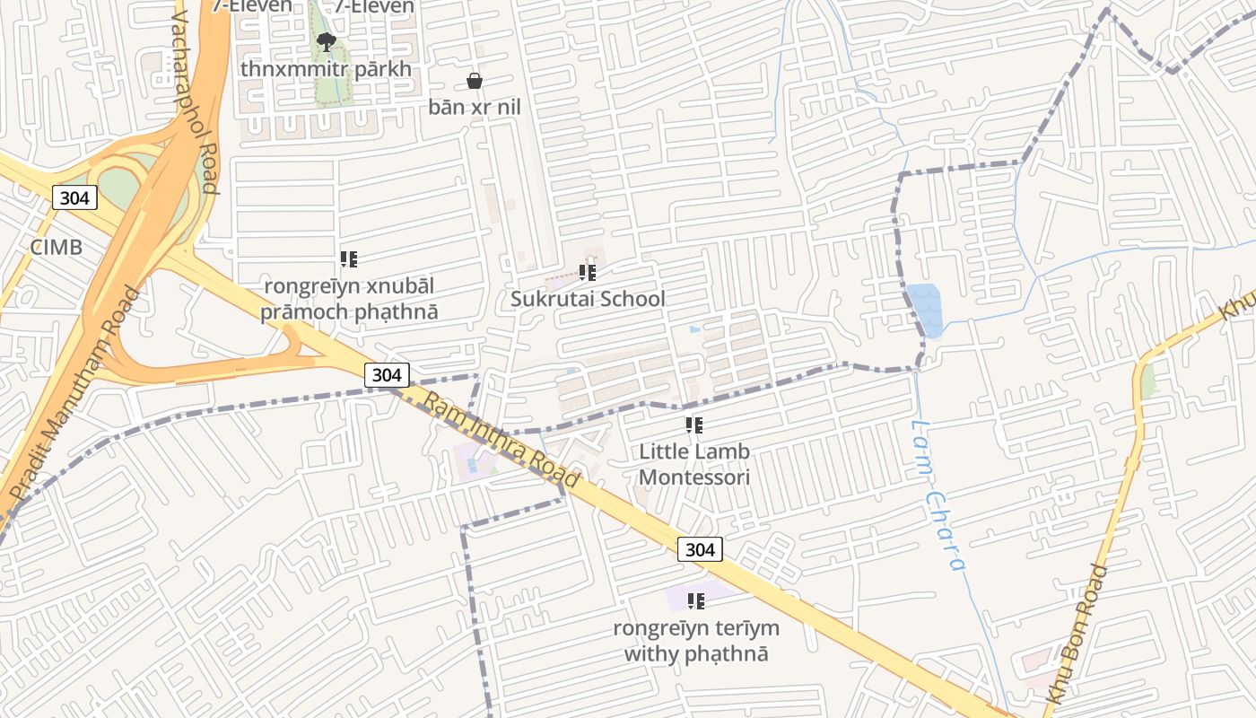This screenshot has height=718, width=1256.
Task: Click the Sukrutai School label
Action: pyautogui.click(x=588, y=299)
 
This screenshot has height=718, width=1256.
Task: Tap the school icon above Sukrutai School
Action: pyautogui.click(x=588, y=272)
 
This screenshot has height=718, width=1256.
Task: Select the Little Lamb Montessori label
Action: pyautogui.click(x=694, y=464)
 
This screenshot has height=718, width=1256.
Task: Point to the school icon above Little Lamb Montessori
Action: pyautogui.click(x=694, y=425)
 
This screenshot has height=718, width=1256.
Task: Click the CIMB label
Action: pyautogui.click(x=56, y=248)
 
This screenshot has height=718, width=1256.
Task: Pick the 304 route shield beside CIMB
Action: pyautogui.click(x=74, y=197)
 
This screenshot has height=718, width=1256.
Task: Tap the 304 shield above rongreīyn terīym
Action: pyautogui.click(x=700, y=549)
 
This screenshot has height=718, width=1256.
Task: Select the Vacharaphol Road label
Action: pyautogui.click(x=189, y=103)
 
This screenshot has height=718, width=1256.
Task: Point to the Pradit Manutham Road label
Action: pyautogui.click(x=74, y=395)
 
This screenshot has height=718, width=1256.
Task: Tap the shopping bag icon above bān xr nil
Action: pyautogui.click(x=475, y=82)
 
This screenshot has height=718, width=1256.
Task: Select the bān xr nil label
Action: pyautogui.click(x=475, y=108)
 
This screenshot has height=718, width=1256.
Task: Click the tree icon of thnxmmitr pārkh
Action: pyautogui.click(x=327, y=41)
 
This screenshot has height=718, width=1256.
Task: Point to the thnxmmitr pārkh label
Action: pyautogui.click(x=326, y=69)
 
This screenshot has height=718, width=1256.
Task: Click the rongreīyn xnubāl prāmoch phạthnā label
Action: pyautogui.click(x=349, y=299)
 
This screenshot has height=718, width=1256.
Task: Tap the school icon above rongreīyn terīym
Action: pyautogui.click(x=695, y=600)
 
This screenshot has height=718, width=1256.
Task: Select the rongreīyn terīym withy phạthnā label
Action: pyautogui.click(x=696, y=641)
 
